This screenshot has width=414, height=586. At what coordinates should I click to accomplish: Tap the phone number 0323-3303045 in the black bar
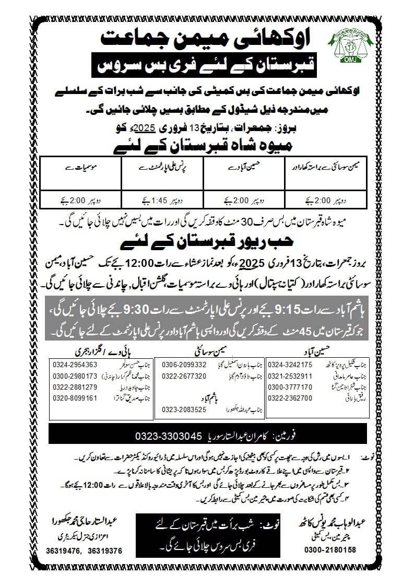coord(167,435)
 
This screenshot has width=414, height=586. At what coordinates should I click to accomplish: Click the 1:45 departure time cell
coord(162,199)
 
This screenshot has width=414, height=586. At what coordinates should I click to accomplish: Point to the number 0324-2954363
coord(75,365)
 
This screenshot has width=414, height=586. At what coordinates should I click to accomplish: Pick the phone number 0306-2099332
coord(185,365)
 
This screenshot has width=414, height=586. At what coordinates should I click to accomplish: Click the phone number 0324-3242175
coord(290,365)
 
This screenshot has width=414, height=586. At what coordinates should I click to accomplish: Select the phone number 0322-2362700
coord(290,398)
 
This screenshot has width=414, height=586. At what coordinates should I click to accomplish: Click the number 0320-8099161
coord(75,398)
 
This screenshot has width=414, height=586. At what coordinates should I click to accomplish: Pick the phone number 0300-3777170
coord(290,387)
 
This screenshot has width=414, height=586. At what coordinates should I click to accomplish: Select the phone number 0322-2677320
coord(185,376)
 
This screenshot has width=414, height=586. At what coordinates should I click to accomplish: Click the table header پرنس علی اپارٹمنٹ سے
coord(162,169)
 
